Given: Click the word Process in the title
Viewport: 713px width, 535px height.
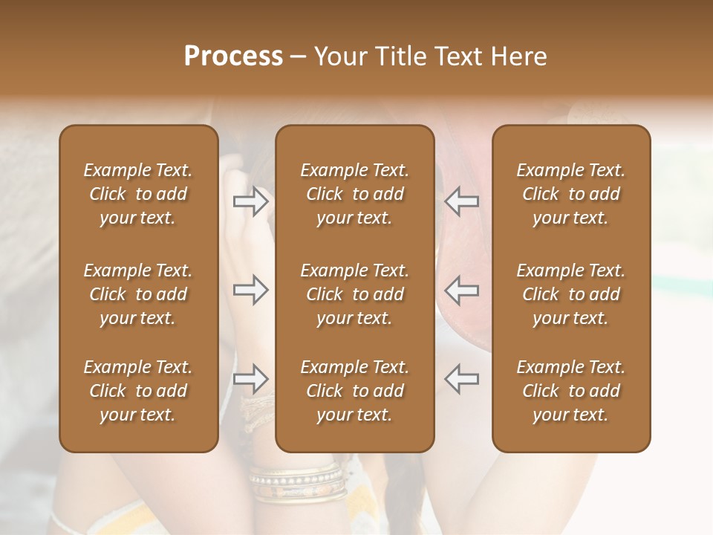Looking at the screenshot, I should click(x=233, y=56).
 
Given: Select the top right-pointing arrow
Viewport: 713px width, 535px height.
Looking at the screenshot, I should click(x=251, y=201).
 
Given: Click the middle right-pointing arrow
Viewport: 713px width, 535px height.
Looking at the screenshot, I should click(x=251, y=290).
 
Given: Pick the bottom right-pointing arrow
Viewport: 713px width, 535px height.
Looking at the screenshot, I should click(x=251, y=379).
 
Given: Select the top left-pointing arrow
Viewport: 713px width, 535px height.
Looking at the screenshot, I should click(x=462, y=201).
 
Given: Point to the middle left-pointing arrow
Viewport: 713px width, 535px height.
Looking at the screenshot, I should click(x=462, y=290).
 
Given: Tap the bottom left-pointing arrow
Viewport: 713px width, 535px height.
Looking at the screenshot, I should click(x=462, y=379).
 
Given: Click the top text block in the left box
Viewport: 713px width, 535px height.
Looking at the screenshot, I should click(x=138, y=194).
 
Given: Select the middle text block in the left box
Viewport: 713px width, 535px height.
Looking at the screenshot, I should click(x=138, y=294).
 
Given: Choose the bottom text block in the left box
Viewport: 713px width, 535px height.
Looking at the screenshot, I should click(x=138, y=391).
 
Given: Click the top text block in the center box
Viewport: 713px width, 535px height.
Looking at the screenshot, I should click(x=355, y=194).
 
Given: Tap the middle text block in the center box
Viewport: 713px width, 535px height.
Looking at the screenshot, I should click(x=355, y=294).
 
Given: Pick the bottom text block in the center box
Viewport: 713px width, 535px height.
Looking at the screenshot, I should click(x=355, y=391).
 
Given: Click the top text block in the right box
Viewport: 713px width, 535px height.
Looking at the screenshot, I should click(x=571, y=194).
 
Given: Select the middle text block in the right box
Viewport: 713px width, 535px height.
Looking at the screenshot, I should click(x=571, y=294).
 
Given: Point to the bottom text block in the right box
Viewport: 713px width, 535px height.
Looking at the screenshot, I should click(x=571, y=391).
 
